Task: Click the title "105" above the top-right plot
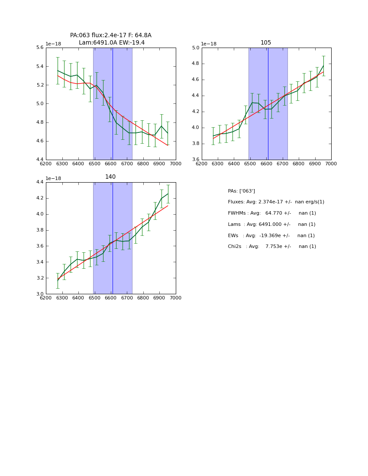266,43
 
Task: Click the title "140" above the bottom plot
110,177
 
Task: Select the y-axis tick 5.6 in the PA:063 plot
39,48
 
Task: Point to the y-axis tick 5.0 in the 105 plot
195,48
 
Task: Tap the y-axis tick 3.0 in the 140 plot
39,294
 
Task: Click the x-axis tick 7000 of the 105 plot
331,164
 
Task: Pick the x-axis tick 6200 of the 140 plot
46,298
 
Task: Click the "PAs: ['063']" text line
241,191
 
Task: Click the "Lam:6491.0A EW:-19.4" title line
112,43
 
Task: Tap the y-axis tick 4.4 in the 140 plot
39,182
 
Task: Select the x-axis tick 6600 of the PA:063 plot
111,164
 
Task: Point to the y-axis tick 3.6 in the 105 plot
195,160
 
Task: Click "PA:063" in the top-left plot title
80,35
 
